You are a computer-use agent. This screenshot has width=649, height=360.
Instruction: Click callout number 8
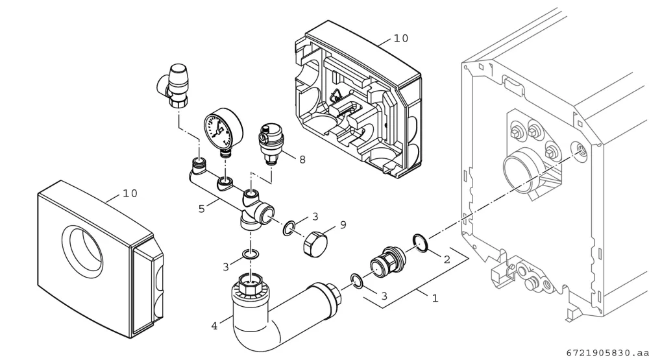[x=302, y=160]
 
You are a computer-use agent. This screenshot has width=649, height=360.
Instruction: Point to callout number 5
[x=201, y=209]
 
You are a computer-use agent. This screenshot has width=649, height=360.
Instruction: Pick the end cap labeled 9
[x=315, y=244]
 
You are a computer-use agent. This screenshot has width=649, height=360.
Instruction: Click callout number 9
[x=343, y=224]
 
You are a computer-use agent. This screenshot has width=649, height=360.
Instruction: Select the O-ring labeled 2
[x=420, y=243]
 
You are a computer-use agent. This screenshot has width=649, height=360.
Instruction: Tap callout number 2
[x=447, y=259]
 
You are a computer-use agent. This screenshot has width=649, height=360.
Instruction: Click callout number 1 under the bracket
[x=435, y=298]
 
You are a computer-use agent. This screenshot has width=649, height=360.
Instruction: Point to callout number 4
[x=214, y=326]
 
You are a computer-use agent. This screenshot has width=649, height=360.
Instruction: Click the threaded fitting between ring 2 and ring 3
[x=387, y=261]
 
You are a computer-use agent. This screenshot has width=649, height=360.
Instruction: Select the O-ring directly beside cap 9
[x=289, y=228]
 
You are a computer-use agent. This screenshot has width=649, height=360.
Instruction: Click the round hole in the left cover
[x=82, y=252]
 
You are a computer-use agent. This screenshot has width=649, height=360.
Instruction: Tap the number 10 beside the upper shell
[x=400, y=38]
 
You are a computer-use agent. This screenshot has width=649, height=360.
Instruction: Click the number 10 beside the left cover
[x=130, y=193]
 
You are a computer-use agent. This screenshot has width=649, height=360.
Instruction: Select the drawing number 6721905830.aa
[x=606, y=353]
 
